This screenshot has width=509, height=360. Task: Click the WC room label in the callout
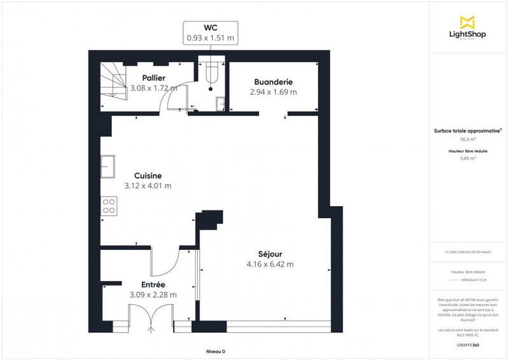click(x=210, y=28)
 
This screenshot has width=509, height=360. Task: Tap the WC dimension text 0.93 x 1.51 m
click(x=210, y=38)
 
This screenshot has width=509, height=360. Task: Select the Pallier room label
click(x=154, y=78)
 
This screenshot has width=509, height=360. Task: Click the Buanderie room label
click(x=273, y=81)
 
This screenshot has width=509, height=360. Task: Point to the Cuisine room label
click(x=148, y=176)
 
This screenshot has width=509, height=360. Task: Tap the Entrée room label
click(x=153, y=284)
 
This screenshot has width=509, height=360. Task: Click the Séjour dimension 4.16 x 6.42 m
click(x=270, y=264)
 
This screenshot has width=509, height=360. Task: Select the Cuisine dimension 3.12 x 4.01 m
click(x=148, y=186)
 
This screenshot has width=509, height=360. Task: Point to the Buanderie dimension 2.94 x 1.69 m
click(x=273, y=92)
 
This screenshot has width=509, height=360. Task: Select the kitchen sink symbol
click(x=108, y=166)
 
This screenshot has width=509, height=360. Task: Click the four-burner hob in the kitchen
click(x=108, y=205)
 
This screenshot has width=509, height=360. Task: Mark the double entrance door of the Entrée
click(x=151, y=316)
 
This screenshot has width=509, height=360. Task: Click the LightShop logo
click(x=468, y=29)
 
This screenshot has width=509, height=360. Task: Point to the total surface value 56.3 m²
click(x=468, y=139)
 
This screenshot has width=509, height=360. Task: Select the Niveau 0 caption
click(x=216, y=351)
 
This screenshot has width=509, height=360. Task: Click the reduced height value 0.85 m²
click(x=468, y=158)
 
